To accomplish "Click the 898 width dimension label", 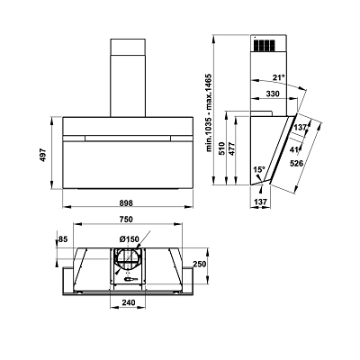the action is pos(126,203).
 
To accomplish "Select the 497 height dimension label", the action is pos(44,155).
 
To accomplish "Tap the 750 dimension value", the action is pos(126,220).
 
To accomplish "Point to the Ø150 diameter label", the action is pos(130,239).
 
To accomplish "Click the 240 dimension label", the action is pos(129,302).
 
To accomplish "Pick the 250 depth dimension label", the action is pos(200,264).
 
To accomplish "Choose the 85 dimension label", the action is pos(64,239).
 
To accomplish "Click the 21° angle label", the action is pos(278,77).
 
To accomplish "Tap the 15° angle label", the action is pos(258,170).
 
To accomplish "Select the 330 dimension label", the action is pos(273,94).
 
